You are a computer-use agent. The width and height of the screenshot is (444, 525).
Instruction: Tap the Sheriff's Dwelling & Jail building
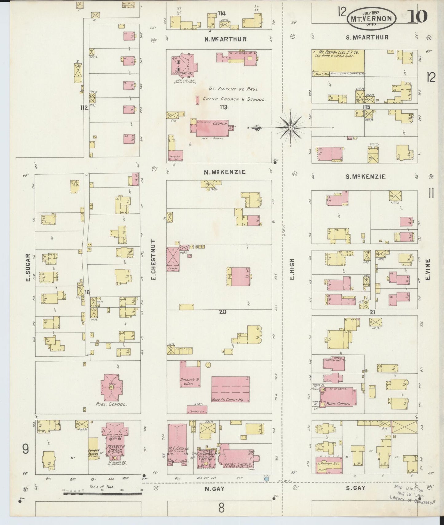click(190, 377)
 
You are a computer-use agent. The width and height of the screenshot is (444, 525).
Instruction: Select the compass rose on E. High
click(290, 127)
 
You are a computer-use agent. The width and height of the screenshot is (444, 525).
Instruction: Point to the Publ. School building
click(112, 388)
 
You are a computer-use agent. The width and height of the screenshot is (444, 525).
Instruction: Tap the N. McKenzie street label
click(225, 172)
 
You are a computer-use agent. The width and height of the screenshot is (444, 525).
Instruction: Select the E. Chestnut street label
click(154, 259)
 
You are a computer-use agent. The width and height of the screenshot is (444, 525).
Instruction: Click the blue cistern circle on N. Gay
click(266, 487)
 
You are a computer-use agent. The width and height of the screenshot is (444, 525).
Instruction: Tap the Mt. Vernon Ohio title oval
click(371, 18)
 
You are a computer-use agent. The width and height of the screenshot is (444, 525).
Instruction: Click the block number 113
click(223, 107)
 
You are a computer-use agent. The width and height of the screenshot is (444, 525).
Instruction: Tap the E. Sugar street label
click(28, 268)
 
